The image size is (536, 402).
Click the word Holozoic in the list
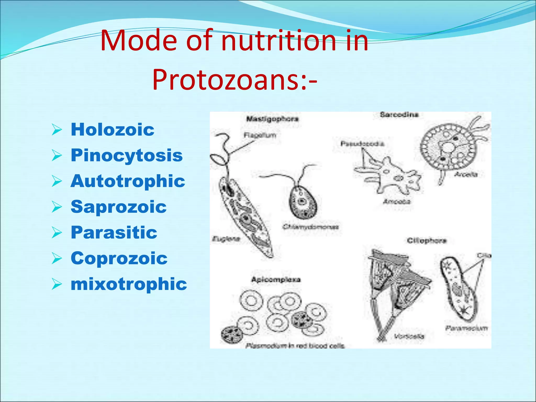(x=113, y=130)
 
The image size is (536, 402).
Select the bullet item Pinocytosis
(x=127, y=155)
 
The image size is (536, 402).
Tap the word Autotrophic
(x=128, y=181)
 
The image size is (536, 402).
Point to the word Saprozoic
(x=119, y=207)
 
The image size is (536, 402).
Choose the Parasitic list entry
(x=114, y=232)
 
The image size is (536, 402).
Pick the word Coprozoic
(x=119, y=258)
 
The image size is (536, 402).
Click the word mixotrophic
(x=129, y=284)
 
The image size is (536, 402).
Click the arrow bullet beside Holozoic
(x=57, y=130)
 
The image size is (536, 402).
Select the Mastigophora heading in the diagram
(x=272, y=119)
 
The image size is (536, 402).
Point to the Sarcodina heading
(x=399, y=115)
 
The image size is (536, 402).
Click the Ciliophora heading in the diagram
(x=427, y=241)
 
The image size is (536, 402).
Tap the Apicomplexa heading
(x=276, y=280)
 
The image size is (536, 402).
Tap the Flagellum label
(x=260, y=135)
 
